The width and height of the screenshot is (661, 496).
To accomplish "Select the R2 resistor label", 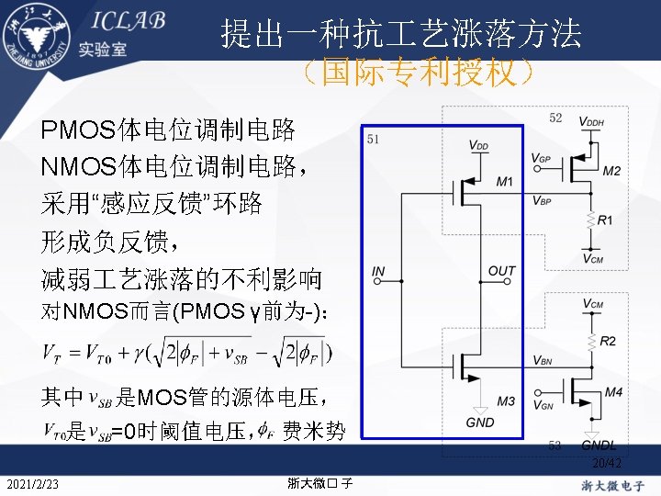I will click(x=607, y=341).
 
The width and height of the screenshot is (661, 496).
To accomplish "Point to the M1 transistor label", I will click(x=504, y=182).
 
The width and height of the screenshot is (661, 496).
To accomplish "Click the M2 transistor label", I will click(x=611, y=171).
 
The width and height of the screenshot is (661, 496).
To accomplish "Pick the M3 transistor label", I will click(x=505, y=401).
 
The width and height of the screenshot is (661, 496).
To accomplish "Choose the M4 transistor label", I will click(x=613, y=392).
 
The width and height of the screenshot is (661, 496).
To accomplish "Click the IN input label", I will click(x=379, y=271).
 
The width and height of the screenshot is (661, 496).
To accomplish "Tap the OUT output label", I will click(x=502, y=271).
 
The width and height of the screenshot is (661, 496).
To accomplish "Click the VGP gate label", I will click(x=542, y=158).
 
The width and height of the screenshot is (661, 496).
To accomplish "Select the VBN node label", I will click(x=543, y=360).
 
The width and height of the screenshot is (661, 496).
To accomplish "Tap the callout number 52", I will click(x=555, y=118).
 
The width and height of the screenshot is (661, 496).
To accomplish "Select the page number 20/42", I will click(x=607, y=463).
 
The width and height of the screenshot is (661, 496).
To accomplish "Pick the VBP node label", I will click(x=542, y=200).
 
